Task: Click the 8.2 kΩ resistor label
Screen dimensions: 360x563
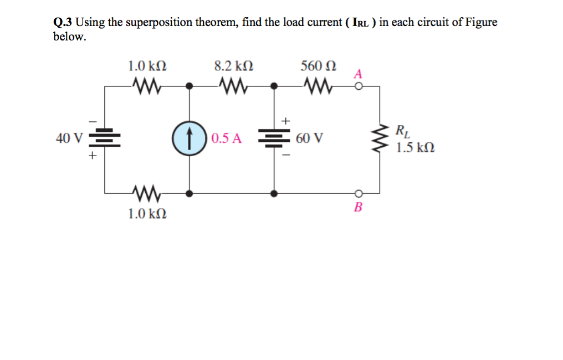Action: pos(233,66)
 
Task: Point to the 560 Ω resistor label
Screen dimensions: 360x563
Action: pos(318,66)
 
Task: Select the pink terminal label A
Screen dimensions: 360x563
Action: pos(359,74)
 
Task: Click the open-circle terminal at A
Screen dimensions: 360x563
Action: pos(359,86)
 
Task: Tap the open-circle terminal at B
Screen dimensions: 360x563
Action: pos(359,193)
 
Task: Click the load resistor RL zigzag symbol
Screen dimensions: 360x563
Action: pos(380,138)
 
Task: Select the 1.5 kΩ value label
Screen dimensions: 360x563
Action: pos(414,148)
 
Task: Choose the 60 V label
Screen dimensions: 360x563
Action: pos(309,138)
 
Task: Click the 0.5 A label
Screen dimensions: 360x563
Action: pos(226,138)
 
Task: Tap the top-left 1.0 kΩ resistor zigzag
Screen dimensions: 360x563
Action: pos(147,86)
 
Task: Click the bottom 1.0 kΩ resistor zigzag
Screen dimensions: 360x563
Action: pos(147,193)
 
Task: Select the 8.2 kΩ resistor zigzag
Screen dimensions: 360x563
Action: pos(233,86)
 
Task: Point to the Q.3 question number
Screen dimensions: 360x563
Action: pos(63,23)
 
